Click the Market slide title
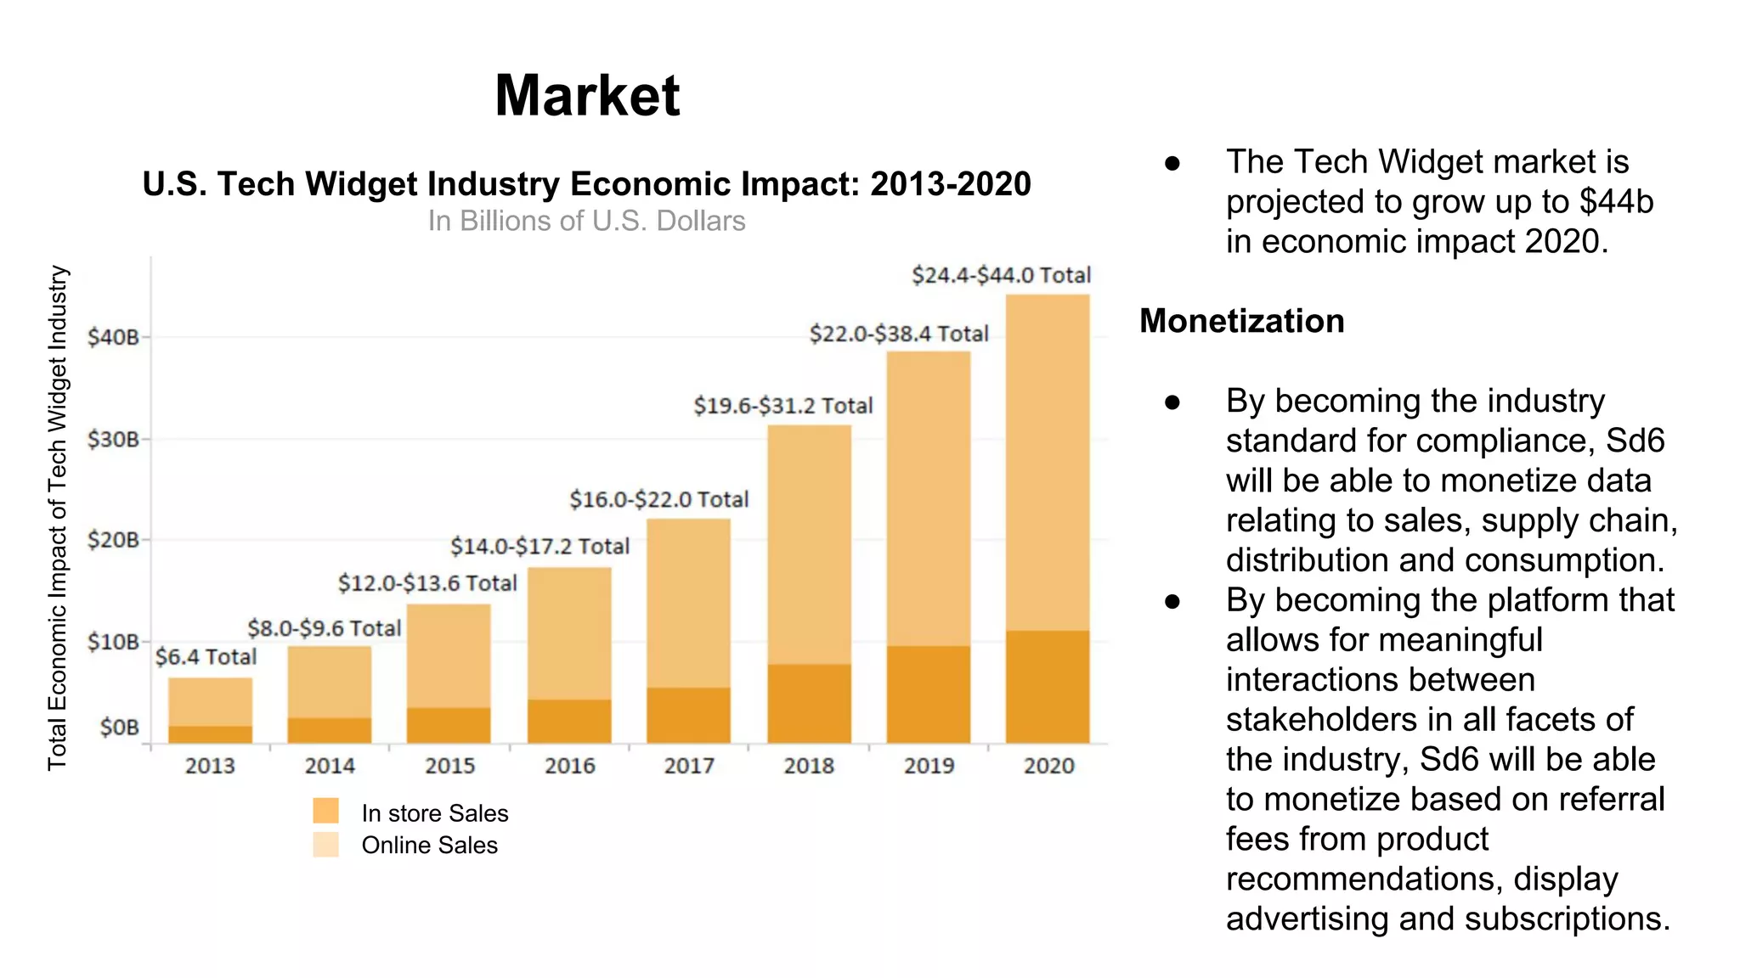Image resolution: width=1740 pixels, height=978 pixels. point(587,95)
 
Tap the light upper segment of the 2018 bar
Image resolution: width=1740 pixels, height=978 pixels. point(809,543)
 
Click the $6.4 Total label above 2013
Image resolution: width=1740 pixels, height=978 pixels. point(206,657)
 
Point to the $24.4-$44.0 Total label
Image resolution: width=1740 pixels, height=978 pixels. point(1001,275)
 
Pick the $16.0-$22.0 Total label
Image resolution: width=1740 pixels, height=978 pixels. point(658,499)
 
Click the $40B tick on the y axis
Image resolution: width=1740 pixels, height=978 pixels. point(113,337)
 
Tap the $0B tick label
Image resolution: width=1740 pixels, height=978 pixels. point(119,728)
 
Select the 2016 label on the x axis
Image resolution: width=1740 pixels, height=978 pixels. point(569,766)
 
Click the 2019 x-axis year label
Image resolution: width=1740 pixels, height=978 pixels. point(929,766)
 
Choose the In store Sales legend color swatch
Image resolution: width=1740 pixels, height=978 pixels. point(325,811)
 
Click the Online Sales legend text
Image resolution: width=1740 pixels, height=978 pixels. point(429,846)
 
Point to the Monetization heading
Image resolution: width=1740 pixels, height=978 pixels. point(1241,321)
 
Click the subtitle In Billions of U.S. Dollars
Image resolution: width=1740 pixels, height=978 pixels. point(586,221)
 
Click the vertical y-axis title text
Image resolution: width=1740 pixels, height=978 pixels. point(57,518)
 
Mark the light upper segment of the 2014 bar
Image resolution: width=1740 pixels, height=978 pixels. point(329,681)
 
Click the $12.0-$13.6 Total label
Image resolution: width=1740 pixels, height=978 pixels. point(427,583)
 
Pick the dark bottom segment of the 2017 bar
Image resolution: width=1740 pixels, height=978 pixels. point(688,715)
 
